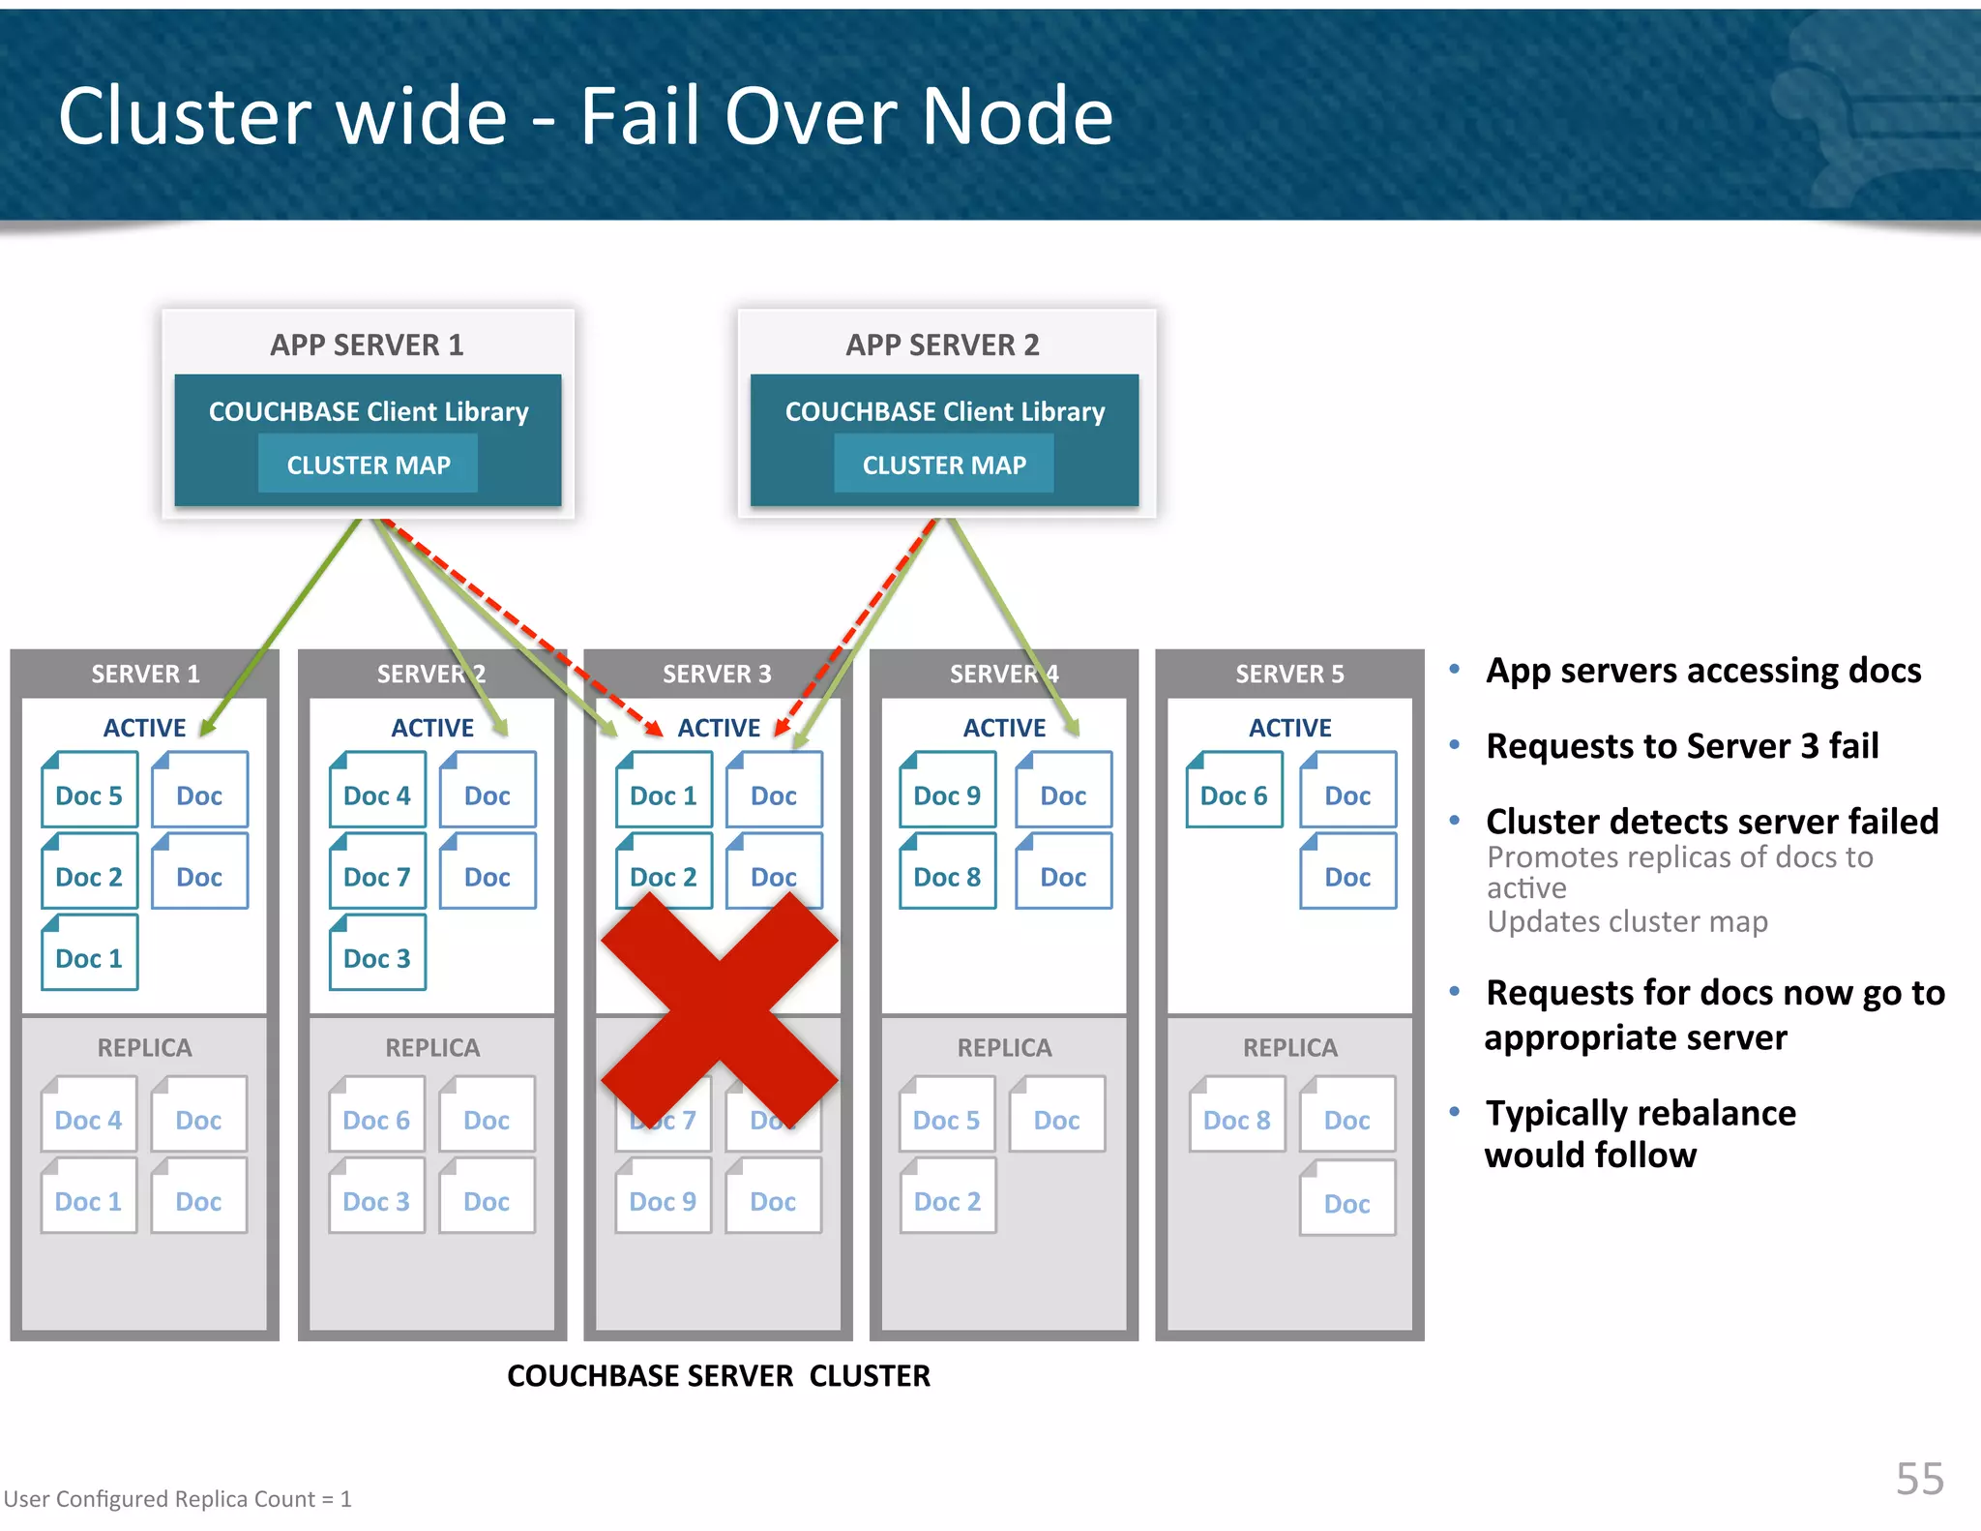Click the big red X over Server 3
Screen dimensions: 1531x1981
tap(720, 1009)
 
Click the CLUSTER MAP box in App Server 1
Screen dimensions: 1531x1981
tap(368, 465)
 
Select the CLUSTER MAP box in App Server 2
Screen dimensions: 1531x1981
tap(944, 465)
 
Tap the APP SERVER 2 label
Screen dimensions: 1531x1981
tap(942, 345)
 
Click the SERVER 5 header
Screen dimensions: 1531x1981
tap(1289, 674)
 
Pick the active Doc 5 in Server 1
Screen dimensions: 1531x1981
tap(89, 795)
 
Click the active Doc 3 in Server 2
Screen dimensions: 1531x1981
tap(377, 957)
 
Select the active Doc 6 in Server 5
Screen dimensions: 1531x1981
tap(1233, 795)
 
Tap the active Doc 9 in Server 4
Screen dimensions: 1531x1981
tap(947, 795)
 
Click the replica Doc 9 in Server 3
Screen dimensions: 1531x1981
tap(663, 1200)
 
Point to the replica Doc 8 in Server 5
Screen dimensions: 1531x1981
tap(1236, 1119)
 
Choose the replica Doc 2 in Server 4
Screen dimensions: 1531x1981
tap(947, 1200)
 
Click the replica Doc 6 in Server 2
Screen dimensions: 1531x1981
tap(376, 1119)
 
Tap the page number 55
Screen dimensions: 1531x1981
tap(1919, 1478)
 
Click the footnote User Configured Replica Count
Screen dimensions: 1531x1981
tap(177, 1499)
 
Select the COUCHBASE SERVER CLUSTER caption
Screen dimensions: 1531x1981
tap(718, 1375)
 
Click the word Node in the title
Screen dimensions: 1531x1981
tap(1016, 116)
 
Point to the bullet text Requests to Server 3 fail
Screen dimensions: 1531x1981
tap(1681, 746)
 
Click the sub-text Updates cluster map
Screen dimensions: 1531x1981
tap(1627, 921)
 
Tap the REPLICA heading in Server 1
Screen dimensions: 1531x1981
tap(144, 1047)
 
